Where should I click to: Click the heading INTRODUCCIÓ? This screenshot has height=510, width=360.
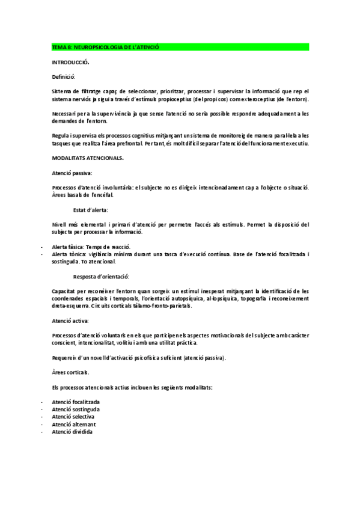click(71, 62)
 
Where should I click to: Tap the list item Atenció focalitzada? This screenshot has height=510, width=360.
click(76, 401)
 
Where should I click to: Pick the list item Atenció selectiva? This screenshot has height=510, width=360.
click(73, 416)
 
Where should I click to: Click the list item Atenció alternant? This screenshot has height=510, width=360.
click(73, 424)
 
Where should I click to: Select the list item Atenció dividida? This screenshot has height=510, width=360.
click(72, 431)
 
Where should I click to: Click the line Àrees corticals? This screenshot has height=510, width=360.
click(71, 372)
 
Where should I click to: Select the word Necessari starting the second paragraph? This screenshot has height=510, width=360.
click(64, 112)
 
